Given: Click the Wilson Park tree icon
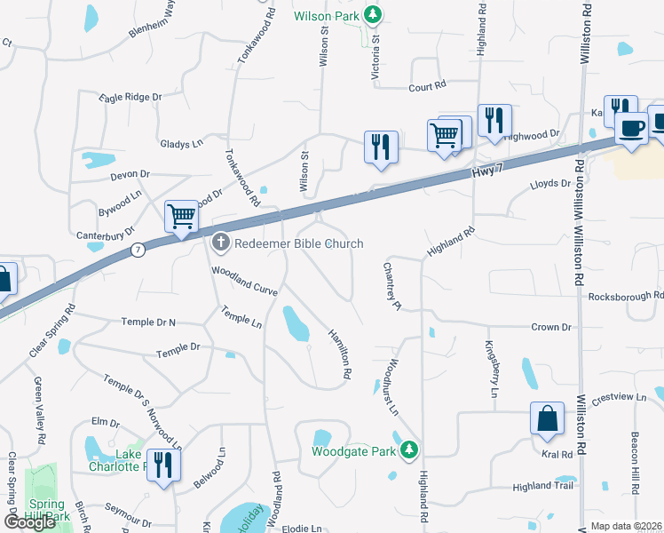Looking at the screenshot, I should pos(375,14).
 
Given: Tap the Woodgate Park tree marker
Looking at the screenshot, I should pos(408,450).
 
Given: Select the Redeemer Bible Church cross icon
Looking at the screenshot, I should pos(221,243).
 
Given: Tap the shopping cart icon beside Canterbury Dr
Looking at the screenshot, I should pos(181,216).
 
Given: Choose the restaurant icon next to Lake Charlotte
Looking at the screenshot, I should pos(163,465).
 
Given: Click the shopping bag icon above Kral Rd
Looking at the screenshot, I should pos(548,418).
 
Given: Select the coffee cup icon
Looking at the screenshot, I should pos(631,127).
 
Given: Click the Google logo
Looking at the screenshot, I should pos(31,522).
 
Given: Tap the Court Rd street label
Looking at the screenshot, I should pos(426,87).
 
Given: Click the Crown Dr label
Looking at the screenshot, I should pos(551,327).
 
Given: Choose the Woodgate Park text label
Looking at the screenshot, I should pos(353,451).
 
